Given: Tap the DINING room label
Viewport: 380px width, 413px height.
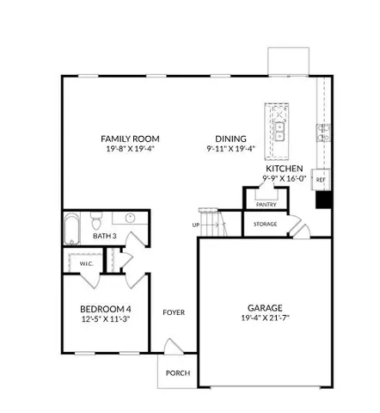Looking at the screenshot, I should click(231, 139).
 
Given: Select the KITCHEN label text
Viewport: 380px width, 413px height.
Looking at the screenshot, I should click(283, 169).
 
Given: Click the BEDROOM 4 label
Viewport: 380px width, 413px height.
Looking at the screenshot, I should click(107, 309).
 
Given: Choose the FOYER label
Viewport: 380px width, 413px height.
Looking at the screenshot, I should click(175, 312).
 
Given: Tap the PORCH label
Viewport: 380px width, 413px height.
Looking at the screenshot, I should click(178, 373).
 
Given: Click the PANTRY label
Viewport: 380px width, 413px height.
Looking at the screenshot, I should click(264, 205).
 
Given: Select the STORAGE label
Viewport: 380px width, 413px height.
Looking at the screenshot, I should click(265, 224).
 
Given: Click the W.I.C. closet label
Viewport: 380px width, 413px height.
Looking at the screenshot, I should click(86, 263).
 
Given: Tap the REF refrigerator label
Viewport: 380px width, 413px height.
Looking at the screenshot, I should click(321, 180).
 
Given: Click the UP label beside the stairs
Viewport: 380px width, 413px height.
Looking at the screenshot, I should click(197, 225).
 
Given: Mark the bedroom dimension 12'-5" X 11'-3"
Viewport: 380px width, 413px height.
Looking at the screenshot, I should click(107, 320).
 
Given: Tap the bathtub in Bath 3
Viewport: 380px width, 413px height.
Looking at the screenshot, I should click(72, 230).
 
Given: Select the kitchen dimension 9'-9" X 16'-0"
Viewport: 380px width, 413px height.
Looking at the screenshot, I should click(283, 179).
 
